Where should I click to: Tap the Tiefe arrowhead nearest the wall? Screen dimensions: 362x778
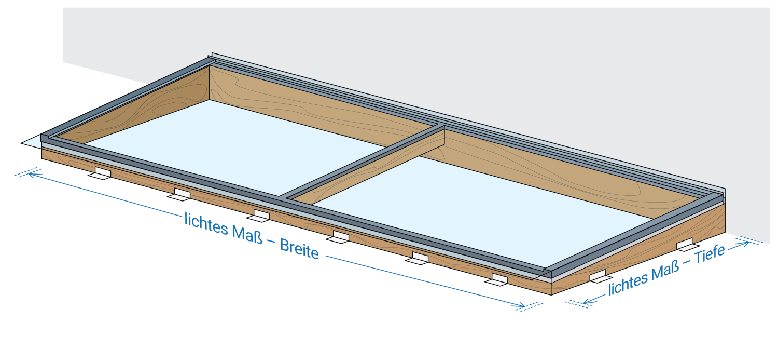pyautogui.click(x=747, y=243)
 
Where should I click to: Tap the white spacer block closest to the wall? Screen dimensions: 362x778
pyautogui.click(x=685, y=244)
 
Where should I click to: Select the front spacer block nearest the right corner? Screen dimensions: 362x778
pyautogui.click(x=498, y=279)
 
